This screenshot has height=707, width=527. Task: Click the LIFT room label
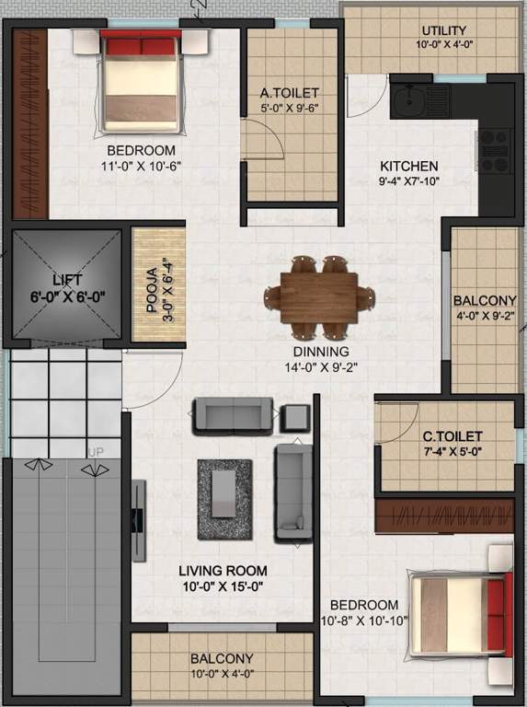pyautogui.click(x=66, y=279)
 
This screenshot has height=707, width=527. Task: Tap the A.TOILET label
pyautogui.click(x=289, y=93)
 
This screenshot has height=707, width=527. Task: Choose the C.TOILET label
pyautogui.click(x=453, y=435)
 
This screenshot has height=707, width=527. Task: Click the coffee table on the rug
pyautogui.click(x=223, y=494)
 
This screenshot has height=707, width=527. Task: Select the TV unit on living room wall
pyautogui.click(x=138, y=519)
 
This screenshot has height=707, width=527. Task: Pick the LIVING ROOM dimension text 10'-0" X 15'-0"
pyautogui.click(x=223, y=585)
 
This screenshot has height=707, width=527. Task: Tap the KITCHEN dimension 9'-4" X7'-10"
pyautogui.click(x=409, y=181)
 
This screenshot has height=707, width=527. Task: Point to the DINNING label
pyautogui.click(x=320, y=352)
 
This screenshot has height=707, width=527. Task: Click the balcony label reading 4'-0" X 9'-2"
pyautogui.click(x=485, y=316)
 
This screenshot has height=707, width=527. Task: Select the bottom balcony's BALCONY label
pyautogui.click(x=222, y=659)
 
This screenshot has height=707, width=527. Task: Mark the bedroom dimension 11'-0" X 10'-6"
pyautogui.click(x=140, y=166)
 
